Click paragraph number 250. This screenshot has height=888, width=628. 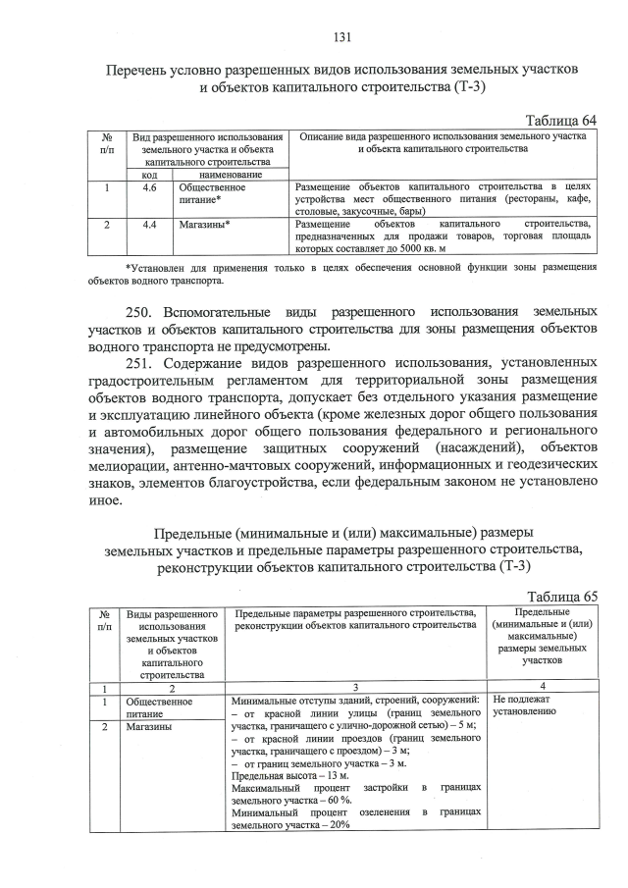click(149, 312)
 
